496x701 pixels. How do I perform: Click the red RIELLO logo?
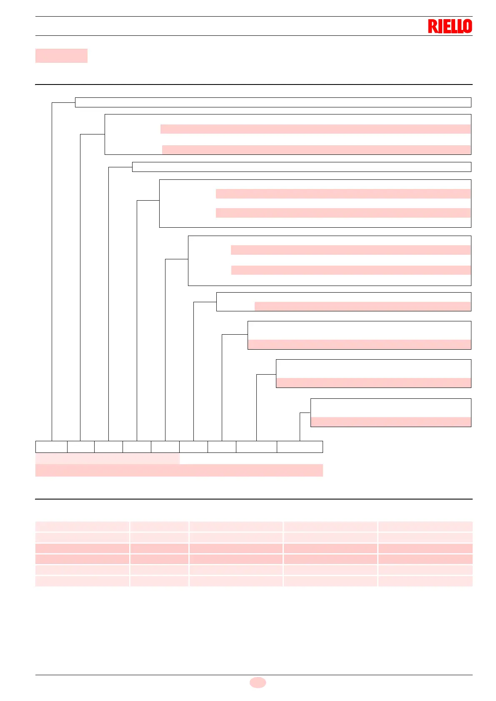coord(450,26)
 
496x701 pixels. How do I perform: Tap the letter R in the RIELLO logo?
coord(432,27)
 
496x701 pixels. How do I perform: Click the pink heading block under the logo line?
coord(61,56)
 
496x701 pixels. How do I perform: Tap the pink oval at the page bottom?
coord(258,682)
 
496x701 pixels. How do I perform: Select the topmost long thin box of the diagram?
coord(273,102)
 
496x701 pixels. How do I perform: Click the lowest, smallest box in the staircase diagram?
coord(391,413)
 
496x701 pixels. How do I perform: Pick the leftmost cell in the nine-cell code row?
coord(51,447)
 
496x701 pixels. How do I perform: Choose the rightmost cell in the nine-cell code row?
coord(300,447)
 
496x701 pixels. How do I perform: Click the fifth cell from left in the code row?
coord(165,447)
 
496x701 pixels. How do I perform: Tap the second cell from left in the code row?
coord(81,447)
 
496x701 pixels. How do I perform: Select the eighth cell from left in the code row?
coord(256,447)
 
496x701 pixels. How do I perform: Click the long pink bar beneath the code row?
coord(179,470)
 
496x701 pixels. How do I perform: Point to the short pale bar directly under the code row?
coord(108,459)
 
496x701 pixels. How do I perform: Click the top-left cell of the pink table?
coord(82,526)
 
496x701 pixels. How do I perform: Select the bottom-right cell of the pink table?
coord(425,581)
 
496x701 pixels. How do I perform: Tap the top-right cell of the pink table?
coord(425,526)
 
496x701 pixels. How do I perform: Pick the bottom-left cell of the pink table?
coord(82,581)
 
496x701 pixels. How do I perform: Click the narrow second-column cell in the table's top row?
coord(159,526)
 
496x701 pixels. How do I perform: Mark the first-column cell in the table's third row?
coord(82,548)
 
